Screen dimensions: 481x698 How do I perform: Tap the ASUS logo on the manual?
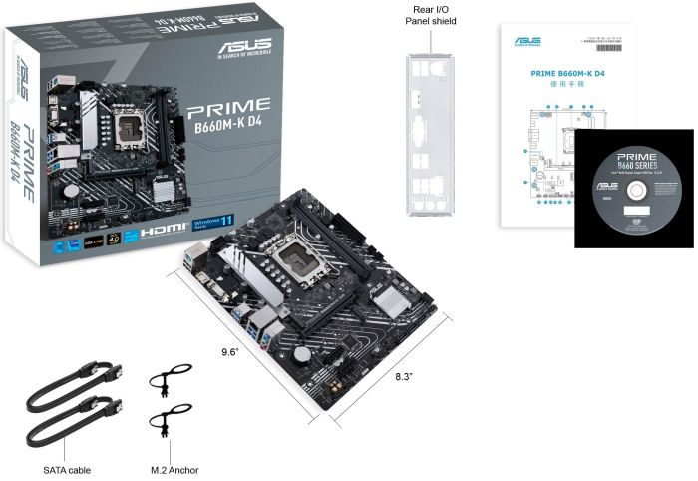coord(526,41)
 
